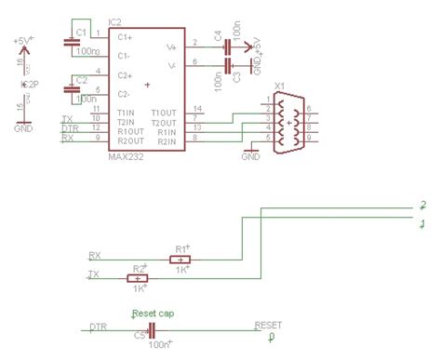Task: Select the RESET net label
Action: [x=268, y=326]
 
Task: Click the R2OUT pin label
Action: [x=130, y=140]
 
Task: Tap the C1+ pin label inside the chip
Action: [x=126, y=36]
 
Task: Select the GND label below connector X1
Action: [x=250, y=157]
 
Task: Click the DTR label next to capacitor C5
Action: [x=98, y=327]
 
